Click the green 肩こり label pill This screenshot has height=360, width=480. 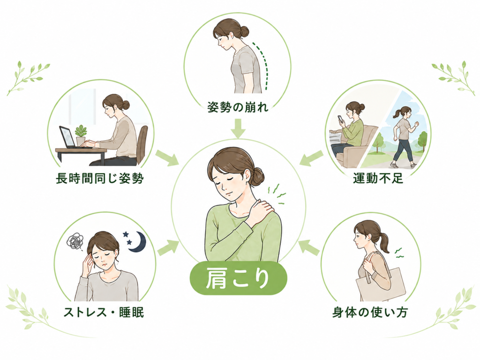tap(239, 278)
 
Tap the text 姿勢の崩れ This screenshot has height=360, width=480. tap(238, 107)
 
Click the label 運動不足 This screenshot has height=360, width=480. tap(378, 178)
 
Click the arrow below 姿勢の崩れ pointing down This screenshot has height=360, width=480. tap(238, 128)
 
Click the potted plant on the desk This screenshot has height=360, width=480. tap(81, 135)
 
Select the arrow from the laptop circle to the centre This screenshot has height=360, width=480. tap(167, 158)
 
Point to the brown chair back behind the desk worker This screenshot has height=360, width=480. tap(142, 144)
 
